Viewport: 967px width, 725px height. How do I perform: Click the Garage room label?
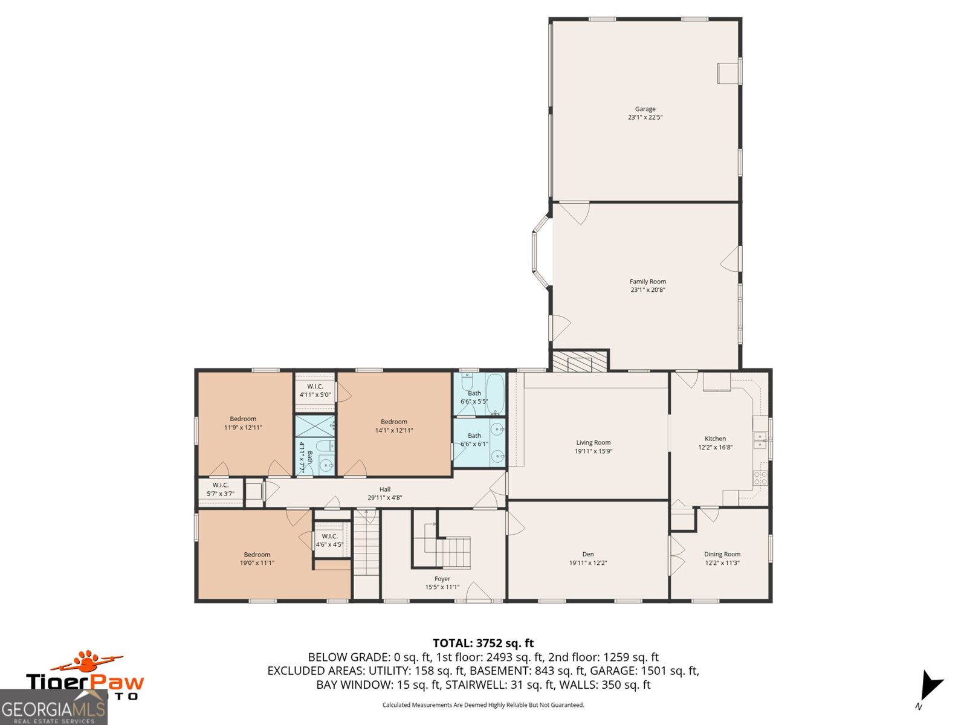(645, 109)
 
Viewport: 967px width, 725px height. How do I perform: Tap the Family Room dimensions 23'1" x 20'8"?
(647, 290)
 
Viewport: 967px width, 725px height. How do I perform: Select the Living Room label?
(593, 442)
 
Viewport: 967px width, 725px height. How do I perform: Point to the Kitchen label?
(715, 439)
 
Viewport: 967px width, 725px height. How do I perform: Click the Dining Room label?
(722, 554)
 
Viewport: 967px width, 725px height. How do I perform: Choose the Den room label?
(587, 554)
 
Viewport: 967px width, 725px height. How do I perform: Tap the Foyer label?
(442, 579)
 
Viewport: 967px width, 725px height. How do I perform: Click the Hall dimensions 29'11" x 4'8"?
(384, 498)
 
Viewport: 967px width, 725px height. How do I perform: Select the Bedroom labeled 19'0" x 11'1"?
(257, 558)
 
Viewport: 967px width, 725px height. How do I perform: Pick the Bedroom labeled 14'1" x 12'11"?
(393, 426)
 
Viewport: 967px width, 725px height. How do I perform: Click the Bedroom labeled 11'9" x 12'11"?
(243, 423)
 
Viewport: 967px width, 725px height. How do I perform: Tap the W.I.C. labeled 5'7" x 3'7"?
(220, 489)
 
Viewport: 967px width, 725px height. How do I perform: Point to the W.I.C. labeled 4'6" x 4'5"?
(329, 540)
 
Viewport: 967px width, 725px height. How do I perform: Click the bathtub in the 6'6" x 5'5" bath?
(495, 394)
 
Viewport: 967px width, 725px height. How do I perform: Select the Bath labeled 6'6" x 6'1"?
(474, 439)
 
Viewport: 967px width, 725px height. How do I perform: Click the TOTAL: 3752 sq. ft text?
(483, 643)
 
